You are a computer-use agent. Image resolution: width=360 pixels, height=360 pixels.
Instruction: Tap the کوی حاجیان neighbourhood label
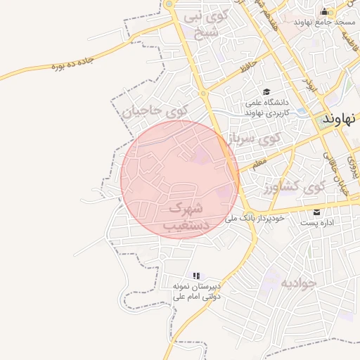[156, 110]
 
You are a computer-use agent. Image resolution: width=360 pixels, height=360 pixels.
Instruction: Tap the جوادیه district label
[299, 283]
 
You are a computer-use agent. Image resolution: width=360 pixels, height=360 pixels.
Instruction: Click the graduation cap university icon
[266, 92]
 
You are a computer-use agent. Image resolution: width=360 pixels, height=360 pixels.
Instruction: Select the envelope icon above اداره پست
[316, 212]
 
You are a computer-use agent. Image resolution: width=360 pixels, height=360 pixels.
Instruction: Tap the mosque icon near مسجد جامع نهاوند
[324, 11]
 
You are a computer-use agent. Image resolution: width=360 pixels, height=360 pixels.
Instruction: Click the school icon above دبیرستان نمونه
[197, 276]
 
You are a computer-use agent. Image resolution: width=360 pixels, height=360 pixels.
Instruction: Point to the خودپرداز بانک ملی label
[255, 219]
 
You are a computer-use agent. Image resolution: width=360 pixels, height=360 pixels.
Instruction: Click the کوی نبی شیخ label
[203, 24]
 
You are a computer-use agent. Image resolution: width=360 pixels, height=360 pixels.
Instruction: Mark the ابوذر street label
[309, 83]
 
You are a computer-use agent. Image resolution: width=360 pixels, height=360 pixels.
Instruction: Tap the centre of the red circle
[180, 179]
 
